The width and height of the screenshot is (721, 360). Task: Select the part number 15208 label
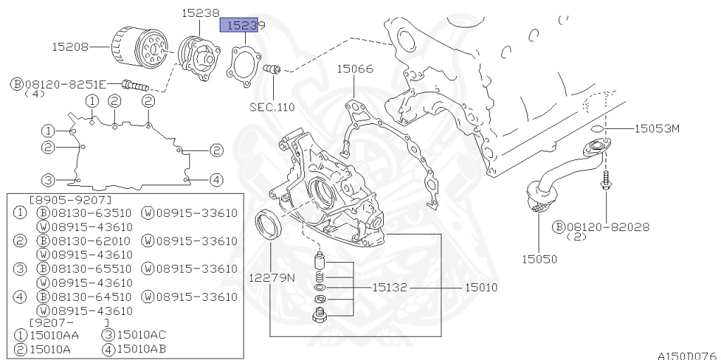[x=70, y=47]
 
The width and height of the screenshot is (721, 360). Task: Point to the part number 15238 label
[x=201, y=12]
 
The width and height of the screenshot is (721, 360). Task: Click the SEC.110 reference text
[x=272, y=107]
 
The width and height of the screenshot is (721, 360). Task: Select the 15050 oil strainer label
[x=539, y=259]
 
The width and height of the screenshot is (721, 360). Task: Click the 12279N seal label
[x=271, y=278]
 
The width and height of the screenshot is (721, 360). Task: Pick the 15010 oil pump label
[x=480, y=288]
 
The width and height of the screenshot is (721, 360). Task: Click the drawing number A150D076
[x=686, y=355]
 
